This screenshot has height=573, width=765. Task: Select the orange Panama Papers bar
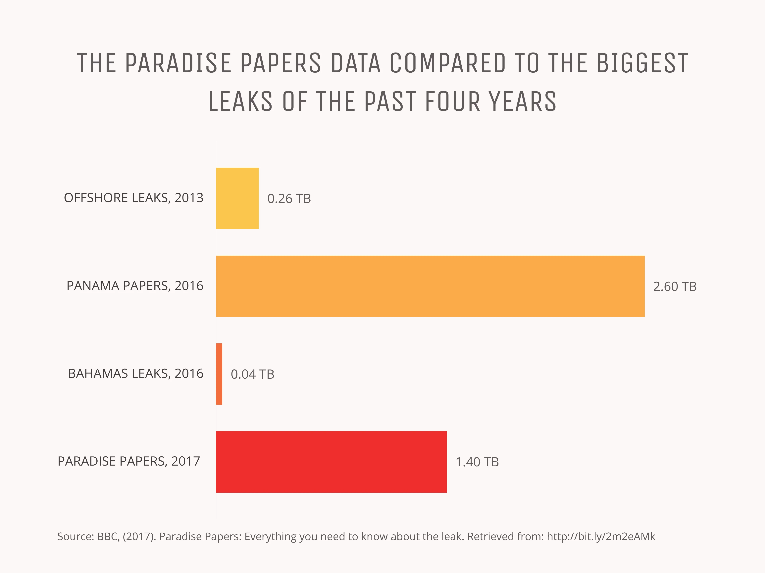click(430, 286)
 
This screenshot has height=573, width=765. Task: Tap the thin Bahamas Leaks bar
click(219, 374)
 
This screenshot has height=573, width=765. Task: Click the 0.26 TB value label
click(289, 199)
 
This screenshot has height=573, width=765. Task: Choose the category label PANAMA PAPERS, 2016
click(135, 286)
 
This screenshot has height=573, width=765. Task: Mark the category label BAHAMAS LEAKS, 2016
click(136, 374)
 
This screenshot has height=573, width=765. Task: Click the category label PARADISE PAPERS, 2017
click(129, 461)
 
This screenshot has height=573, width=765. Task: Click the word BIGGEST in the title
click(642, 63)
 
